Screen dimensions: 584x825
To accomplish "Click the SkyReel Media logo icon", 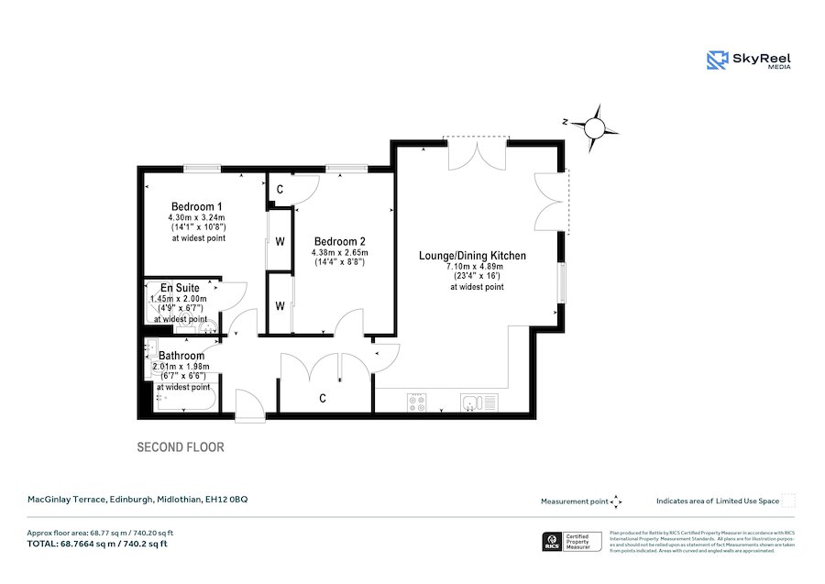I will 716,61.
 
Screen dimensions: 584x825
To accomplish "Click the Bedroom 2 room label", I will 339,242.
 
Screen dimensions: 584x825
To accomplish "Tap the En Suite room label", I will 180,288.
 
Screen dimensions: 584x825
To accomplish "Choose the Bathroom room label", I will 181,356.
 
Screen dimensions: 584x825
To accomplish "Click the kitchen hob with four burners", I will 416,402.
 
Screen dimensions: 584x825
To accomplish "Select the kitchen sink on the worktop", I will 478,402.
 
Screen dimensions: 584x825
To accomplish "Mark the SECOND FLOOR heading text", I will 181,448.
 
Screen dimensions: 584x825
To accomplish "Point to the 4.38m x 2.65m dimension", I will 339,252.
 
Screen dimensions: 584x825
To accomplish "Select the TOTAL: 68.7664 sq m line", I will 96,545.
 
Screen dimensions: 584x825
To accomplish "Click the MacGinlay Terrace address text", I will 137,500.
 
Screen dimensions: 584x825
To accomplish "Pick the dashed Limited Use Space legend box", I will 787,501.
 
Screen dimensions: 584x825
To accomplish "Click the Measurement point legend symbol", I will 617,501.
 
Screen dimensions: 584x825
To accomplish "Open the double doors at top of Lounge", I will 476,153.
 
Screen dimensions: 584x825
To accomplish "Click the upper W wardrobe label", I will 280,242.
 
